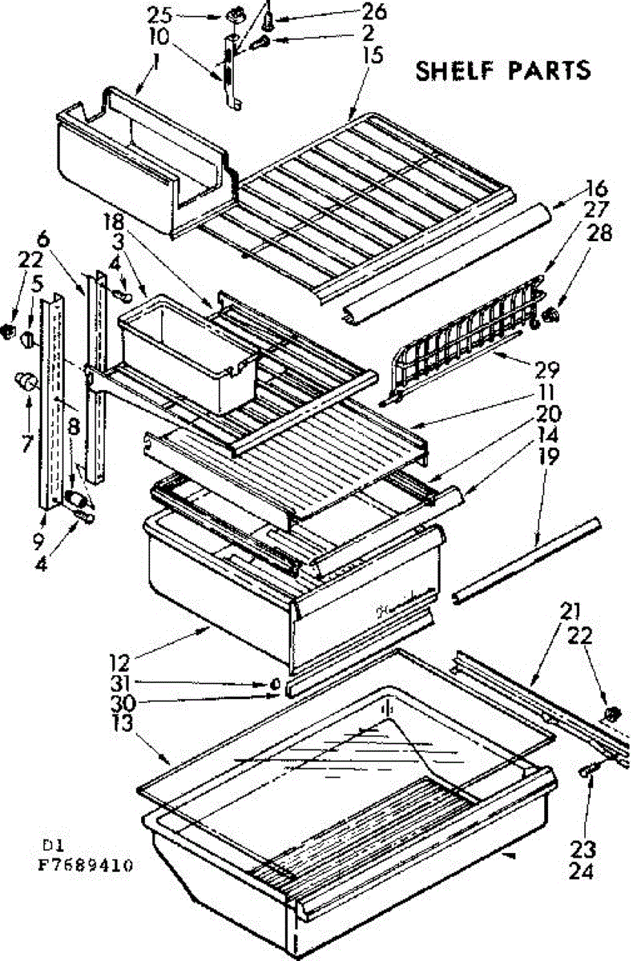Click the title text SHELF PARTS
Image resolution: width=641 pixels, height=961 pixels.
point(502,70)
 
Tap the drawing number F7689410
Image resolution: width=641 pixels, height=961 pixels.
point(87,865)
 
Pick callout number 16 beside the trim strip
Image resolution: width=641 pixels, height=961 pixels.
point(596,189)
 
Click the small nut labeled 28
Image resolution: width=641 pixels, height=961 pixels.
point(550,315)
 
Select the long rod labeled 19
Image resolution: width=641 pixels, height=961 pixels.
point(526,559)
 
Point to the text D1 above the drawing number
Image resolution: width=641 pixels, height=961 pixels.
point(51,846)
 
